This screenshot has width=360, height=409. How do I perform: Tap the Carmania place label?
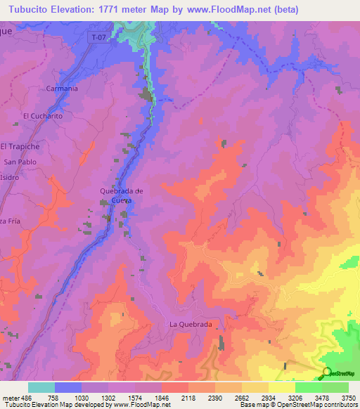61,89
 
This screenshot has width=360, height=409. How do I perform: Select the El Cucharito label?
43,116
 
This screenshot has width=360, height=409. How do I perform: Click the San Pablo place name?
20,162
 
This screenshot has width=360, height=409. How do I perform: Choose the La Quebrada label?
190,324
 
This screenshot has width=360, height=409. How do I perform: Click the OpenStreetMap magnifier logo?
327,372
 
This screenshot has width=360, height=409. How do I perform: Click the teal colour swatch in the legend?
41,387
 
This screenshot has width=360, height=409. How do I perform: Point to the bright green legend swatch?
308,387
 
